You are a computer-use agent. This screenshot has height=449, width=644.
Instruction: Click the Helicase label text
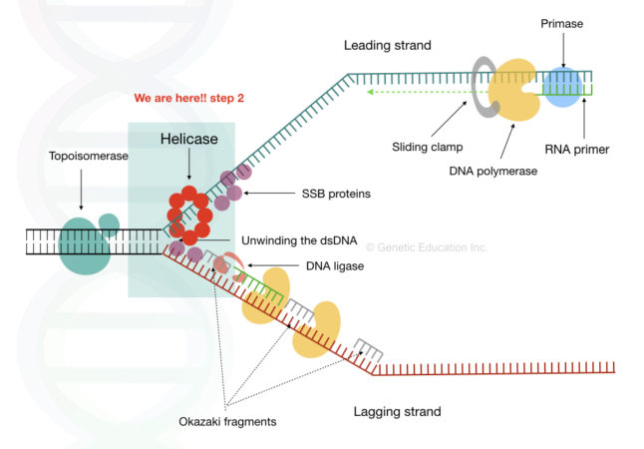coord(189,139)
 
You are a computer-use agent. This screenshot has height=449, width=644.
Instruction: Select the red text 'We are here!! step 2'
coord(190,98)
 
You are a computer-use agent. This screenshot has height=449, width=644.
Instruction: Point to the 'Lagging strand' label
coord(398,411)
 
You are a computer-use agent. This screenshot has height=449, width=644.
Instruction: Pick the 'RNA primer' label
coord(577,150)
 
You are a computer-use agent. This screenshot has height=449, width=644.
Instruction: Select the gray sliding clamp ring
coord(482,86)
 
